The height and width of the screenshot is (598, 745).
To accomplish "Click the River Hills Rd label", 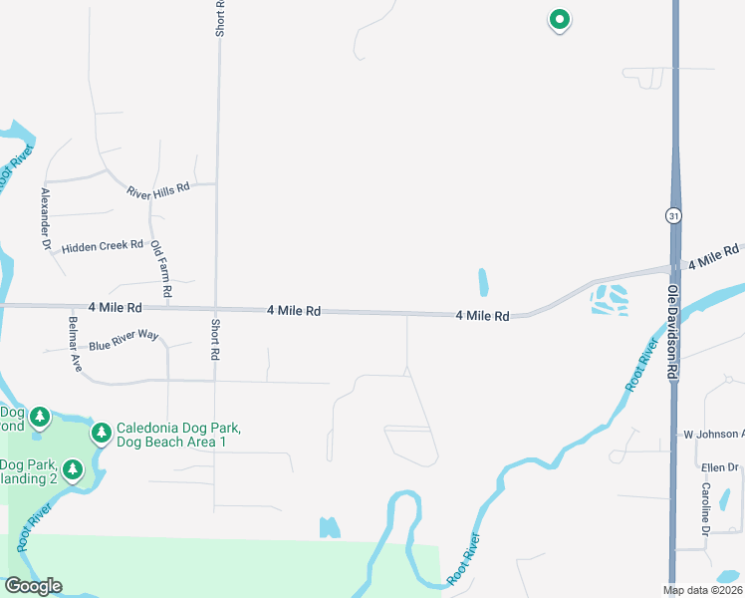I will (157, 188).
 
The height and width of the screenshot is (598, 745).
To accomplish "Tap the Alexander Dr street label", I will (45, 217).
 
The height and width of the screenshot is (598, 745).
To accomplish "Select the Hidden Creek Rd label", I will (103, 247).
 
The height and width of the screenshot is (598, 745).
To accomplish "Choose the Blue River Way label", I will (124, 340).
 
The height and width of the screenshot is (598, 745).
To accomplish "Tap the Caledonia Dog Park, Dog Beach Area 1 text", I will (179, 435).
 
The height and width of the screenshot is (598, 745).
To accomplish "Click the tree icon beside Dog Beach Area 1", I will (101, 433).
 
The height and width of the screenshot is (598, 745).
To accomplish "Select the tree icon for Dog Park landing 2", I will (72, 468).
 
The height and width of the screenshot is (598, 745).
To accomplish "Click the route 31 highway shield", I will (674, 216).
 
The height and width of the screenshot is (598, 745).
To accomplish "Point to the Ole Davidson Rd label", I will (672, 329).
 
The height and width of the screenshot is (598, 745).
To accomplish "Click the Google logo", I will (33, 586).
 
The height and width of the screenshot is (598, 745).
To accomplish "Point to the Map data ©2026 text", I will (701, 590).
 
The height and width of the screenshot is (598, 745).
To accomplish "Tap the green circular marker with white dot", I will (560, 19).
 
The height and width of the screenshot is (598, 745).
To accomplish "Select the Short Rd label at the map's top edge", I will (220, 18).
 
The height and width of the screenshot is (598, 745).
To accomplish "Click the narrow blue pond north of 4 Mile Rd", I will (483, 282).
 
